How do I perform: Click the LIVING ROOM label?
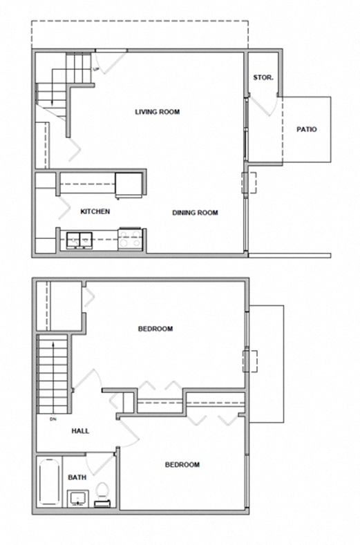point(157,111)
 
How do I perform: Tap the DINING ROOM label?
point(195,213)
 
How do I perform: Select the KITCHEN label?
point(95,211)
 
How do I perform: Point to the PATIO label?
point(306,129)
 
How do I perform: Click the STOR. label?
point(263,77)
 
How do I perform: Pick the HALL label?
point(80,431)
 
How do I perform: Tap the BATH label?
point(77,477)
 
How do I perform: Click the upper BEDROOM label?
point(155,329)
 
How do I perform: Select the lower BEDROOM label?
point(182,465)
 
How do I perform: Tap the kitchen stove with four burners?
point(130,238)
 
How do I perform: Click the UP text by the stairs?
point(95,69)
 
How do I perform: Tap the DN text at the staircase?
point(53,419)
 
